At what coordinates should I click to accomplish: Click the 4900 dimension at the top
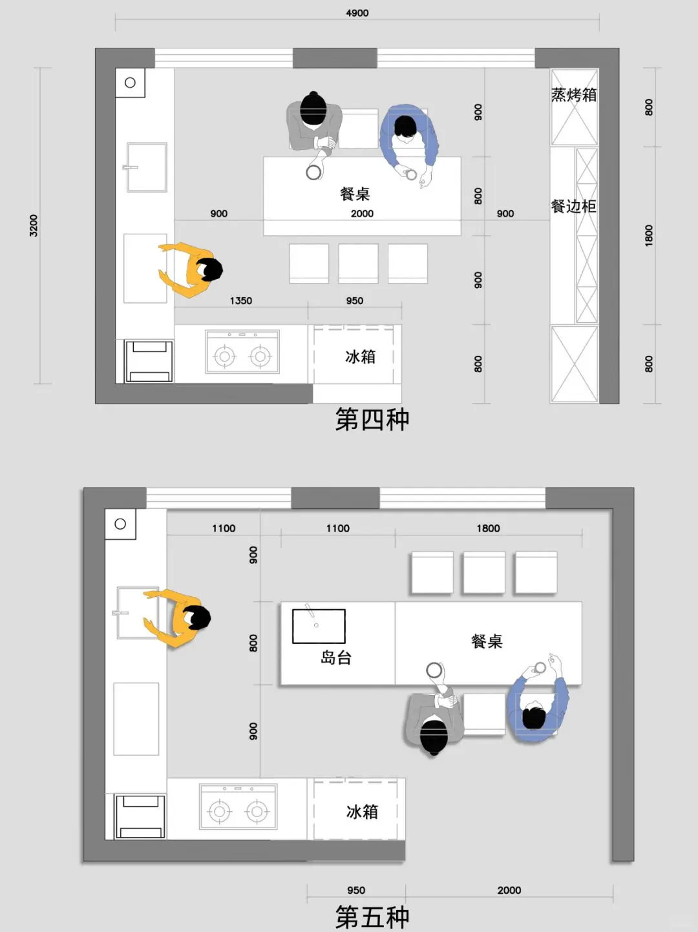coord(357,13)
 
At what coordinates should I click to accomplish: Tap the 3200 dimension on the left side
coord(34,225)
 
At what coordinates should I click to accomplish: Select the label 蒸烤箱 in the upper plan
coord(574,95)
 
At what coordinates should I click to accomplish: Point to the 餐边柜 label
coord(573,206)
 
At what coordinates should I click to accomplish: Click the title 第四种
coord(372,420)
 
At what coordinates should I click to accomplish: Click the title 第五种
coord(372,916)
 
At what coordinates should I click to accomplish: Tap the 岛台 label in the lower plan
coord(335,658)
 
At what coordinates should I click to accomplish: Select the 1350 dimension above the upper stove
coord(241,300)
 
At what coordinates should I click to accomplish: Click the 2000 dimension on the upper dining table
coord(362,214)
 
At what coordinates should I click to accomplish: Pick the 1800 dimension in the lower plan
coord(488,528)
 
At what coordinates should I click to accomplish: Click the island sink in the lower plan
coord(319,627)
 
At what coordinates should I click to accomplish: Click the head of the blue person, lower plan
coord(534,717)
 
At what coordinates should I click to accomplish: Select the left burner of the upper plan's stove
coord(224,356)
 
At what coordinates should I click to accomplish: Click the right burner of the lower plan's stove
coord(257,811)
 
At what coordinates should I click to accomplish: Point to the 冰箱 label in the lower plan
coord(362,811)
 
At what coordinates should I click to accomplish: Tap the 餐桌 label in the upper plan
coord(355,194)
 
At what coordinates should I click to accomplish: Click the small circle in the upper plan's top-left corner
coord(130,83)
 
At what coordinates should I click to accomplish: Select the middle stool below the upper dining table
coord(358,264)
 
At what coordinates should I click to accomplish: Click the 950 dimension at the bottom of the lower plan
coord(356,890)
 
